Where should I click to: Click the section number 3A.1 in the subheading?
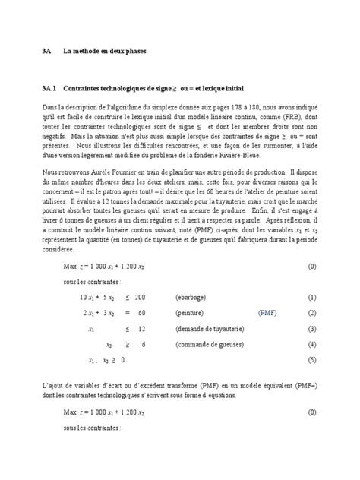pos(51,88)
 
